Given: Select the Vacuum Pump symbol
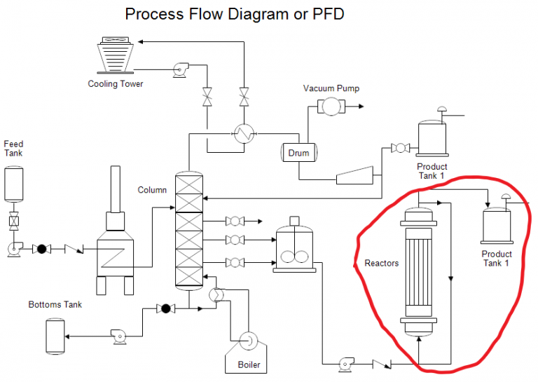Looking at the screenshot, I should (327, 106).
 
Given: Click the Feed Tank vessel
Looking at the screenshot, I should (13, 184).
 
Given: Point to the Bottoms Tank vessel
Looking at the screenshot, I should (55, 336).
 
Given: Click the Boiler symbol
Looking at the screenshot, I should (246, 341).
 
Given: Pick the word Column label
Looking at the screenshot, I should (152, 190).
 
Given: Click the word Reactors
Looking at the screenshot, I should (382, 264).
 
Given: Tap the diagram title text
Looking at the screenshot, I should (235, 14).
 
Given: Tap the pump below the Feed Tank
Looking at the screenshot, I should (14, 248).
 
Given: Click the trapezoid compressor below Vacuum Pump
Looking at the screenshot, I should (354, 176).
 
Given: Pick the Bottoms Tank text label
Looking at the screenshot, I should (55, 305).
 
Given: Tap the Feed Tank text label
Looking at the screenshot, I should (13, 149).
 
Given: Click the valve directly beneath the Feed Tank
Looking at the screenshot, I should (13, 222).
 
